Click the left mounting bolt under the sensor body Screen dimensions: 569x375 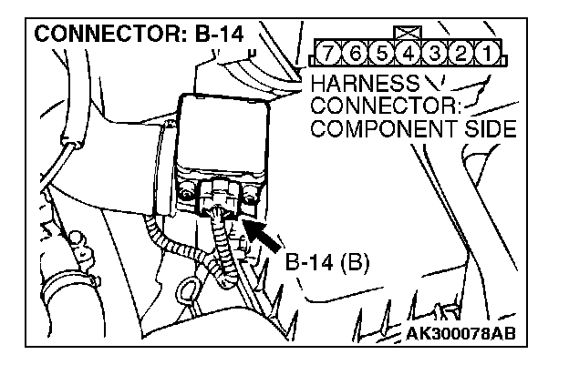(188, 195)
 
